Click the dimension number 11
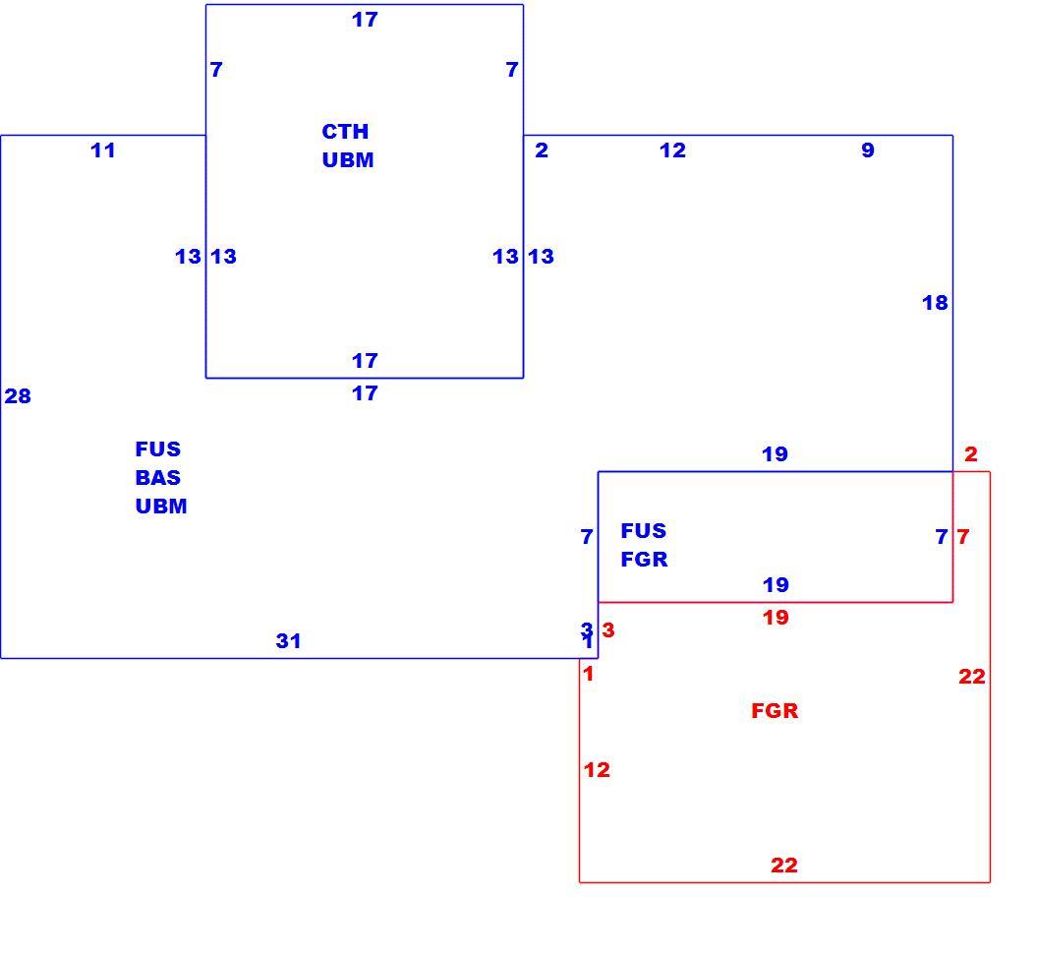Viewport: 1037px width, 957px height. [103, 150]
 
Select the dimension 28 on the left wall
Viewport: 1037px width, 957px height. [18, 395]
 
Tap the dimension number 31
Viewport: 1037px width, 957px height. [288, 640]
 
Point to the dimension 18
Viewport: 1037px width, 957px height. [935, 303]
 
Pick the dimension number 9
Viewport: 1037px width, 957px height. [868, 150]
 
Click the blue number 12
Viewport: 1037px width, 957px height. [672, 150]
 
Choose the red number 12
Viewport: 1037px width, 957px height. [597, 770]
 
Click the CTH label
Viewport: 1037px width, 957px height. [345, 131]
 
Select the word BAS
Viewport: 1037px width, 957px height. [158, 477]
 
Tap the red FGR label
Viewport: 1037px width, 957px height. [776, 711]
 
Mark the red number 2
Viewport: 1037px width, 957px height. [971, 454]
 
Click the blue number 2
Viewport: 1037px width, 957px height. [542, 150]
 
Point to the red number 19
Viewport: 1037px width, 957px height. [776, 618]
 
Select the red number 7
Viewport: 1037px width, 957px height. [963, 536]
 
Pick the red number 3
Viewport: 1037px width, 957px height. [608, 630]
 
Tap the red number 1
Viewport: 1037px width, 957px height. [588, 674]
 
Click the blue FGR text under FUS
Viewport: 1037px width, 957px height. [644, 560]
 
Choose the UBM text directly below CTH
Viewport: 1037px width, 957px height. [348, 159]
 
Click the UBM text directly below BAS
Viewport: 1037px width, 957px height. [161, 506]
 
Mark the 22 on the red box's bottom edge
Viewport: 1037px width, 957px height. [784, 865]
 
